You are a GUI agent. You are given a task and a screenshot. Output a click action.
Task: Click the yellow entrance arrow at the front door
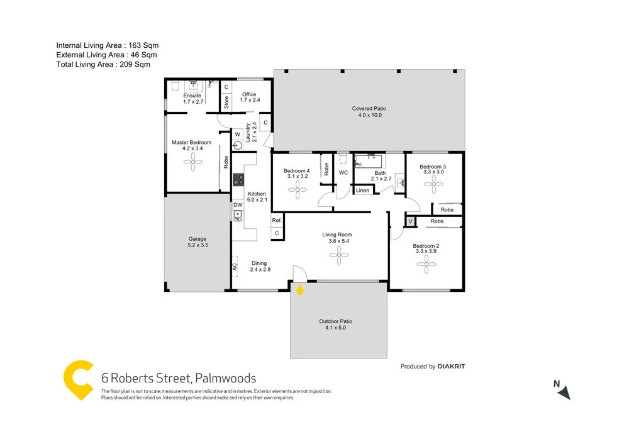tap(300, 289)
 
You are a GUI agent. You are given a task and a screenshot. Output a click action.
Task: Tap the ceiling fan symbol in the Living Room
tap(338, 255)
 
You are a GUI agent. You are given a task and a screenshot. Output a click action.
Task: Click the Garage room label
tap(198, 242)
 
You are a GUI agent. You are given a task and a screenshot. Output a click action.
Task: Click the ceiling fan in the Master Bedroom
tap(192, 163)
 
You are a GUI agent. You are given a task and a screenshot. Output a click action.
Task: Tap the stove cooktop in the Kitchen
tap(238, 180)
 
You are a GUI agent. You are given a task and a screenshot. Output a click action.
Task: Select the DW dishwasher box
tap(238, 205)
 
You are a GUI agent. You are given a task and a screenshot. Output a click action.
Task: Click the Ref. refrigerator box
tap(276, 221)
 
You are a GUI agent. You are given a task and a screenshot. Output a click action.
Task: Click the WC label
tap(343, 172)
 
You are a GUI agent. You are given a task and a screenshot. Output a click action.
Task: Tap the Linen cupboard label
tap(362, 190)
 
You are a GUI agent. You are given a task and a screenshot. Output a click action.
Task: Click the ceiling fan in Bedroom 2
tap(426, 265)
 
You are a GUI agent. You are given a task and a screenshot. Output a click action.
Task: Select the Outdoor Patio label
tap(335, 325)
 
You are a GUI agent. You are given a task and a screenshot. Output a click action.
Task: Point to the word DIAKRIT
tap(452, 367)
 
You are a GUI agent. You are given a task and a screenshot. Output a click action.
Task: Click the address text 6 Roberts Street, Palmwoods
tap(179, 379)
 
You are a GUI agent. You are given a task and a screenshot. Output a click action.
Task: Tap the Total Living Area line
tap(103, 64)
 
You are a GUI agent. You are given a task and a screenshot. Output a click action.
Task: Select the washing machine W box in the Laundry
tap(237, 135)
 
